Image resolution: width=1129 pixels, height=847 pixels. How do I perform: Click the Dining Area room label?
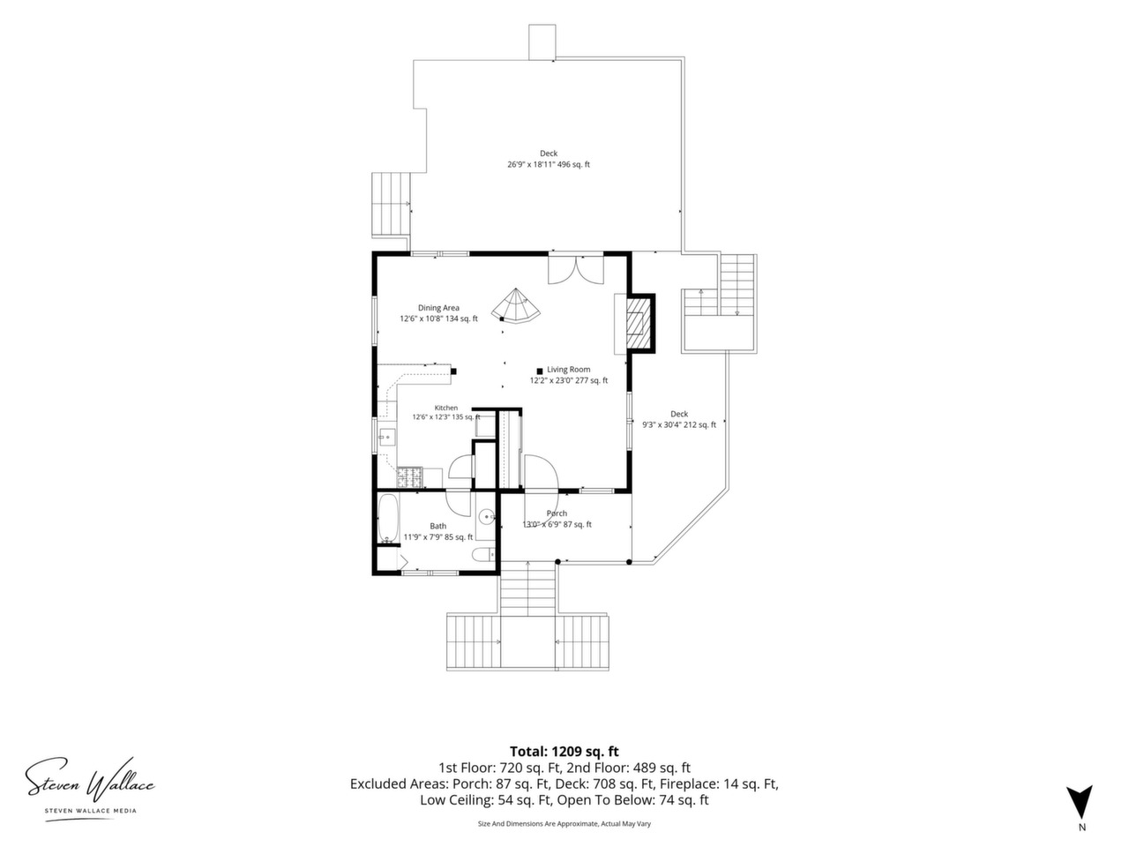pos(438,308)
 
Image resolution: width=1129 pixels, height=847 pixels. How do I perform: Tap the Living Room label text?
pos(568,370)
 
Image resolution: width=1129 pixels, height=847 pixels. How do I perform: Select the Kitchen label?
pos(446,408)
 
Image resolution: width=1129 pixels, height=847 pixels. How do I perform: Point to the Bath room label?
pos(438,526)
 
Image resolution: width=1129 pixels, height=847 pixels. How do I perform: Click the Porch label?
pos(557,513)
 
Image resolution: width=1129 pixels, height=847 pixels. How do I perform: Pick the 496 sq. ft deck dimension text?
pos(549,165)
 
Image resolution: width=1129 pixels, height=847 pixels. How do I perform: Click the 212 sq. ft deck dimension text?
pos(679,424)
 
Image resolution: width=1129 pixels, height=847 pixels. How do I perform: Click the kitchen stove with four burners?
pos(409,477)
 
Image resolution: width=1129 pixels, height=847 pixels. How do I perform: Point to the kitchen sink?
pos(387,438)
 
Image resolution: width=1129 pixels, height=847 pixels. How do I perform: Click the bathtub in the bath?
pos(388,519)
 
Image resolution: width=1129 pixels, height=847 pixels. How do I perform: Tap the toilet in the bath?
pos(484,555)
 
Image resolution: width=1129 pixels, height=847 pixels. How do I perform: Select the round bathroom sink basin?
pos(486,515)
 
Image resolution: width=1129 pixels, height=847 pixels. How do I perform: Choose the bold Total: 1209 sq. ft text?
pos(564,752)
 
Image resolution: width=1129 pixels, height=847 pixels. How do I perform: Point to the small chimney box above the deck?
pos(542,42)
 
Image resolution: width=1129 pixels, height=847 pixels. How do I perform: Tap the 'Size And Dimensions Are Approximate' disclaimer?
pos(564,824)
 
